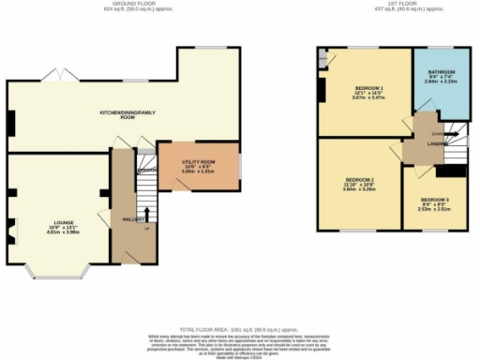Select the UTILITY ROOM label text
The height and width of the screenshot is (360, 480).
[198, 162]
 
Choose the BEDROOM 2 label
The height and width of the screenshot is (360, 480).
[360, 179]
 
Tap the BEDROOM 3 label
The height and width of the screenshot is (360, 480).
[434, 199]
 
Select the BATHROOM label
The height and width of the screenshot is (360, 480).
[442, 72]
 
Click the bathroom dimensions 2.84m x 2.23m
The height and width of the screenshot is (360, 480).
[442, 82]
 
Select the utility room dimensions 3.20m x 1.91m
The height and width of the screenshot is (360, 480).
[198, 172]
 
